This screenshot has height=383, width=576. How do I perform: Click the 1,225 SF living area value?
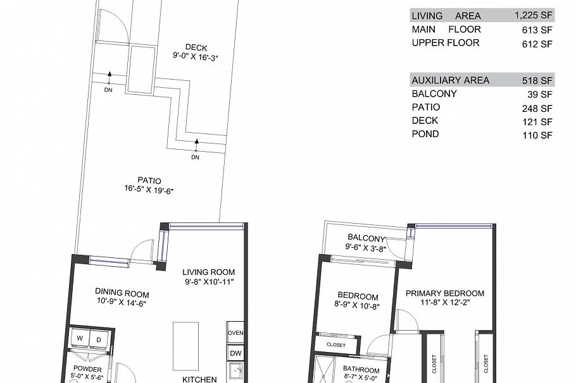pos(534,16)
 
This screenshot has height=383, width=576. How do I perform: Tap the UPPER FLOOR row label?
pos(446,43)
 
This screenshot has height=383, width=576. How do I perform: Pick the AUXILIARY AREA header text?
pos(451,80)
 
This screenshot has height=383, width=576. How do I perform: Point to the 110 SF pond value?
pos(541,135)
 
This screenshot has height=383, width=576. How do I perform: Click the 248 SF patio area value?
pos(541,108)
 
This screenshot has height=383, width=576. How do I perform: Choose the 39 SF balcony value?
pos(543,95)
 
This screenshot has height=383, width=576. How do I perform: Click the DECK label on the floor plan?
pos(196,47)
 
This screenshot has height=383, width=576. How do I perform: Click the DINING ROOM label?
pos(122,294)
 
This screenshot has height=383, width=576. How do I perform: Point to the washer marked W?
pos(80,339)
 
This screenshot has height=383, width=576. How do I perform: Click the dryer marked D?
pos(99,339)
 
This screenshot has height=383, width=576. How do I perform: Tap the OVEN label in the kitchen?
pos(235,332)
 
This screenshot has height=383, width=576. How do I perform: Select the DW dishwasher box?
pos(235,353)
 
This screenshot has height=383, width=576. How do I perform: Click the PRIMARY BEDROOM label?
pos(445,293)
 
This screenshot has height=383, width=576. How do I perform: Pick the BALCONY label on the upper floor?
pos(366,238)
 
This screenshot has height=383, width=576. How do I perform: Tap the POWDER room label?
pos(87,368)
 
